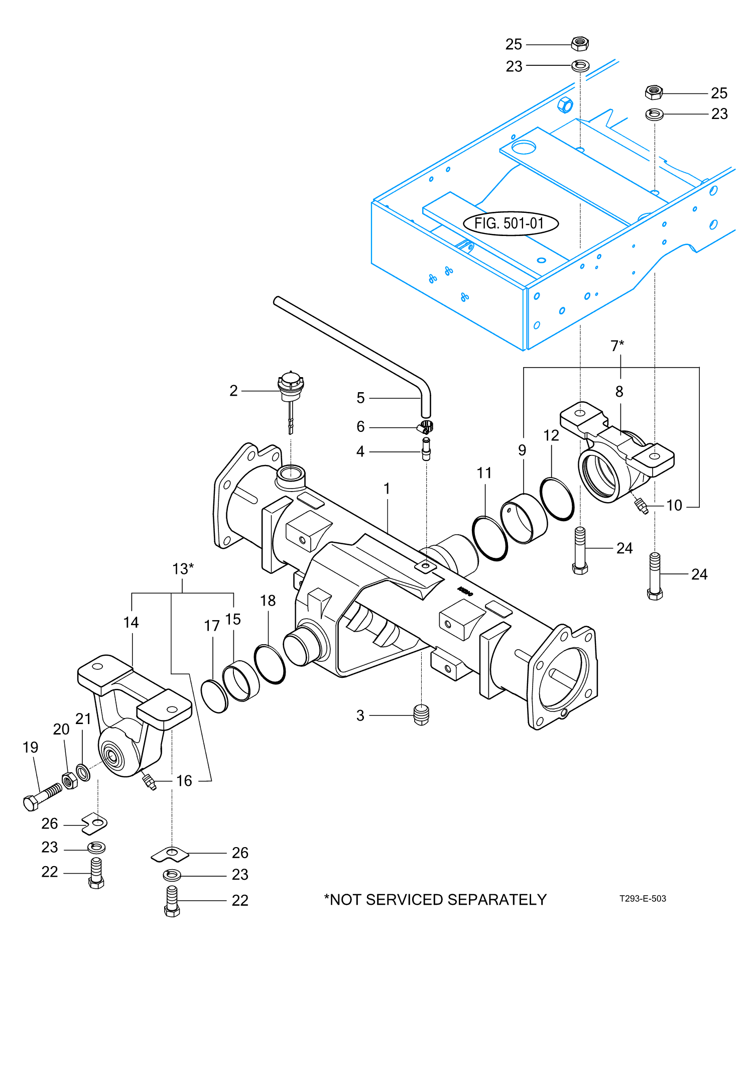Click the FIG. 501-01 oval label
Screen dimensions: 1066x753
click(x=510, y=223)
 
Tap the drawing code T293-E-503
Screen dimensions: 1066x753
click(x=642, y=898)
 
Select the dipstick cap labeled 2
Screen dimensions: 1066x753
click(x=291, y=387)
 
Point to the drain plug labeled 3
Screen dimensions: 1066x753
click(x=421, y=715)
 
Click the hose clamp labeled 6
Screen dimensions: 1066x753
click(x=426, y=427)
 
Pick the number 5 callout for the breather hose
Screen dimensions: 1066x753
click(x=360, y=398)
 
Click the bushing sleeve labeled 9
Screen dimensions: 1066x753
click(x=524, y=518)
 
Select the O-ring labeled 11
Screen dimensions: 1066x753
click(x=489, y=538)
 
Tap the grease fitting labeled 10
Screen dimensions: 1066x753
click(x=641, y=505)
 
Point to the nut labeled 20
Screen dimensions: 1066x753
click(x=70, y=781)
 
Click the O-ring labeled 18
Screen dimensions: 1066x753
click(x=270, y=664)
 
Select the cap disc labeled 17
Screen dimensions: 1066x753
click(x=214, y=696)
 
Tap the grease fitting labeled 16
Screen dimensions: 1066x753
click(x=149, y=781)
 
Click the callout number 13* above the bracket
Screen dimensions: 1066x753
click(x=183, y=569)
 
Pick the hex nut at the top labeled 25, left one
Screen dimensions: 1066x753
click(x=580, y=44)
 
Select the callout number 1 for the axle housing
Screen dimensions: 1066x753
click(x=387, y=488)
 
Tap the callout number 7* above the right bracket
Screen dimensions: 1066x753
click(x=617, y=345)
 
